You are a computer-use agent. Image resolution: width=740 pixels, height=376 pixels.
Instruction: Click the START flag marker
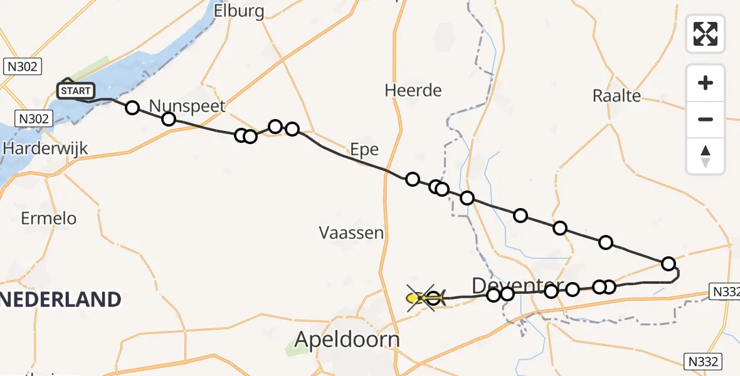click(75, 91)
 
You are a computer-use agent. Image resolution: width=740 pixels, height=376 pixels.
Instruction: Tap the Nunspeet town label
click(187, 105)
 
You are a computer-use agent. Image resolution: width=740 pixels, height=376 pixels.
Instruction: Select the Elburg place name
click(239, 11)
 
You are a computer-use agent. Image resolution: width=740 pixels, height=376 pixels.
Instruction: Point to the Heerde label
click(413, 90)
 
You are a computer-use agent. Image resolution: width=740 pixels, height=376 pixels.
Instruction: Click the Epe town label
click(365, 149)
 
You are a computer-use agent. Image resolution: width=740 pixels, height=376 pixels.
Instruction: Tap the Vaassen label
click(351, 233)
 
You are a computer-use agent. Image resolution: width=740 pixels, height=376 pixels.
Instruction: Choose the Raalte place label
click(616, 96)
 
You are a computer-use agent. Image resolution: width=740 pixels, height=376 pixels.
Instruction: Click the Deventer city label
click(515, 286)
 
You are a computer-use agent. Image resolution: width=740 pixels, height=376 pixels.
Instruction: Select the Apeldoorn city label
click(347, 340)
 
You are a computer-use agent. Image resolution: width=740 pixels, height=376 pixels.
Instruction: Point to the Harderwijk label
click(45, 149)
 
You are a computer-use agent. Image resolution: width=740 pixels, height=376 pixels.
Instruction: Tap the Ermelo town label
click(49, 218)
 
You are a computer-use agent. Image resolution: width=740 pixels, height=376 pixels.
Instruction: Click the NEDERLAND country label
click(60, 300)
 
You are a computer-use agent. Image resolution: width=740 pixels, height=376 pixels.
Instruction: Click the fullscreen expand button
click(706, 33)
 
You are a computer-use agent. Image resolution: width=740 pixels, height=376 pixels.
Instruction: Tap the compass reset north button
click(706, 156)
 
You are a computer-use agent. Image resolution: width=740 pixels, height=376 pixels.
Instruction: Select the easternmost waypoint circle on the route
click(669, 263)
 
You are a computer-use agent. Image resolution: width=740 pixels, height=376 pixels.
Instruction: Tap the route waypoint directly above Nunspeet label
click(169, 119)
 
